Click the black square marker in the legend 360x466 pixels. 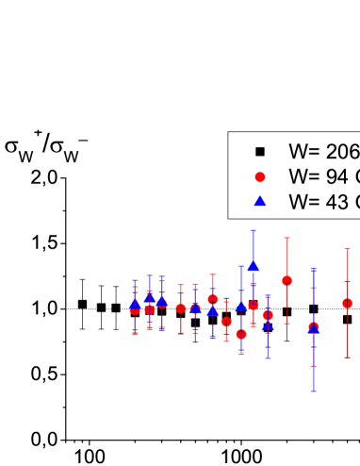point(261,151)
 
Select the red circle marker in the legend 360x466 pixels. point(261,176)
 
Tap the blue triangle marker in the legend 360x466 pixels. point(261,200)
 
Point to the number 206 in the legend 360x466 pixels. point(342,151)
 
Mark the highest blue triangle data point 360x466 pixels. point(253,265)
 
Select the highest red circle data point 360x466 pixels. point(286,280)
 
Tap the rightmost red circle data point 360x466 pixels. point(347,303)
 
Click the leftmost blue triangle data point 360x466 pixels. point(135,303)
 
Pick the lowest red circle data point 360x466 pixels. point(241,334)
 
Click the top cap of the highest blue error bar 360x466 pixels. point(253,230)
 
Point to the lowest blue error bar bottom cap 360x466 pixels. point(313,391)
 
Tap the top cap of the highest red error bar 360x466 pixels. point(286,238)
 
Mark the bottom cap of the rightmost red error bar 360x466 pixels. point(347,345)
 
